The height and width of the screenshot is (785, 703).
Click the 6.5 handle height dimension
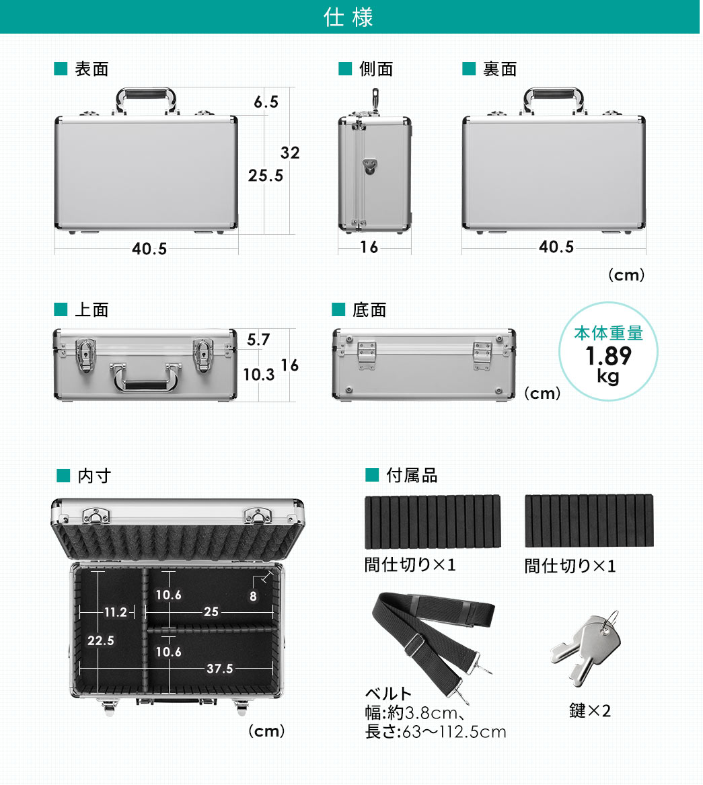[x=266, y=102]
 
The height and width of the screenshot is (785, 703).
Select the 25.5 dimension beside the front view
[x=266, y=176]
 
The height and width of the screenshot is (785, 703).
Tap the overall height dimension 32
[x=290, y=153]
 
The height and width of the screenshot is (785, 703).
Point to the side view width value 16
[x=369, y=248]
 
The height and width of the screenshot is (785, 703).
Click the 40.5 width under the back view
[x=556, y=248]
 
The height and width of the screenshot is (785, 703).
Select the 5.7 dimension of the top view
[x=258, y=340]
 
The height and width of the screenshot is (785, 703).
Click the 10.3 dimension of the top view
[x=259, y=375]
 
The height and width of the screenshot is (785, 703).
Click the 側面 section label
[x=376, y=69]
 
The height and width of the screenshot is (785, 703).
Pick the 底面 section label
[x=369, y=310]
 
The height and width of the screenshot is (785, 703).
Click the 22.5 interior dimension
[x=100, y=641]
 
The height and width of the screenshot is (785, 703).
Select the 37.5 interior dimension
[x=220, y=669]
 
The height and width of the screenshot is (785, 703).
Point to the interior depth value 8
[x=253, y=597]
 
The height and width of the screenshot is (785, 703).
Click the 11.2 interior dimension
[x=116, y=612]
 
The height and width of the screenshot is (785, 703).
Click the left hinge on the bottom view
[x=367, y=354]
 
